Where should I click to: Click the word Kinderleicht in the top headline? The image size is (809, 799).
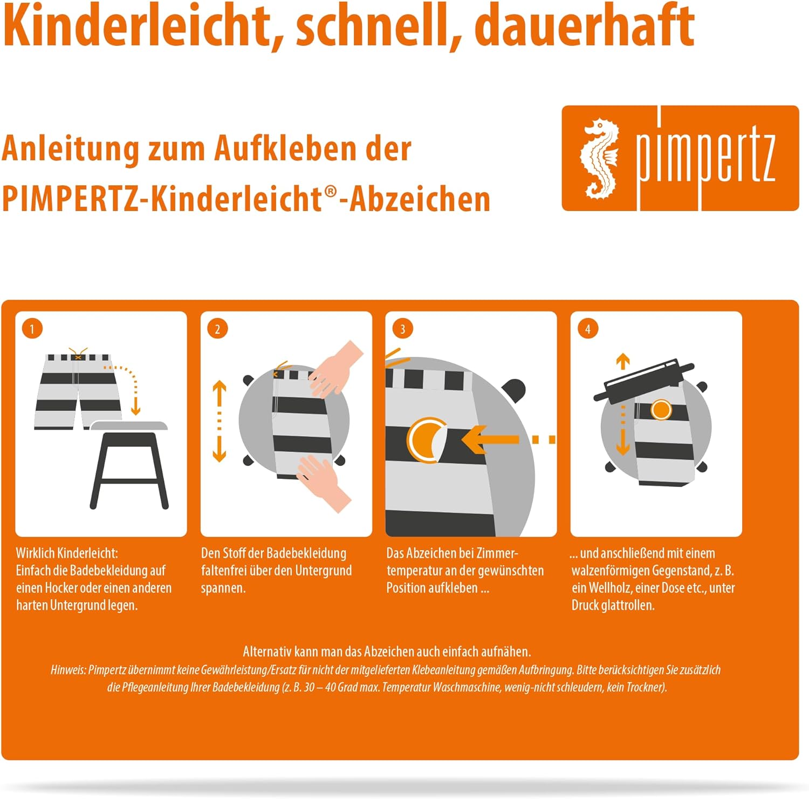[138, 25]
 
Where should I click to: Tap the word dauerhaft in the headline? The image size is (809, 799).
[585, 24]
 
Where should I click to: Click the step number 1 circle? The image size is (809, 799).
[32, 329]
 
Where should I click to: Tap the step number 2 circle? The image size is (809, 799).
[217, 329]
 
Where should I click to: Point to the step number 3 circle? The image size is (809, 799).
[402, 329]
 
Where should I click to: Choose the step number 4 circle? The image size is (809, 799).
[588, 329]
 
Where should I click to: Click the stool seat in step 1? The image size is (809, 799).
[129, 426]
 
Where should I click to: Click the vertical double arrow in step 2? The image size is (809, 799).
[219, 422]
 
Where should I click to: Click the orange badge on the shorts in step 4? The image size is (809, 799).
[661, 410]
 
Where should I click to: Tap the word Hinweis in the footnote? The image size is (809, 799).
[68, 670]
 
